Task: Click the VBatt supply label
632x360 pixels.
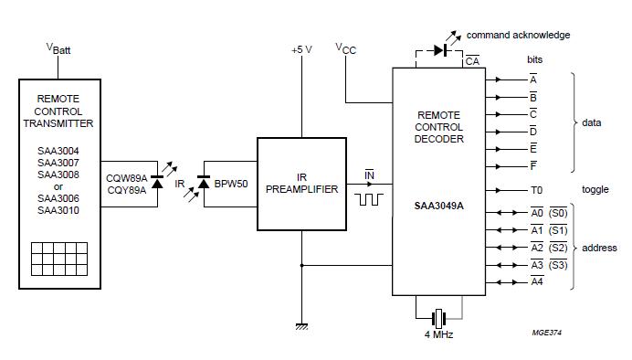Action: point(58,48)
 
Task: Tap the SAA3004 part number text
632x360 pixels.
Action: point(58,151)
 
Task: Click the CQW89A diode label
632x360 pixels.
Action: point(127,179)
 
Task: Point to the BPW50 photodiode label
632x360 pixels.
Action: point(229,184)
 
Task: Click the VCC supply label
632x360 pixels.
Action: point(345,48)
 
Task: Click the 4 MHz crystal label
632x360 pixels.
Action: point(439,334)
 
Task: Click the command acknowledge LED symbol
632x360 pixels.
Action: point(440,49)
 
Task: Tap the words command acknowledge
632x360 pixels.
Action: point(518,35)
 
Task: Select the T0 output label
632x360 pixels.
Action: point(536,191)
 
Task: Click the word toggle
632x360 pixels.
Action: point(595,191)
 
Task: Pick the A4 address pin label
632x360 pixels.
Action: point(537,281)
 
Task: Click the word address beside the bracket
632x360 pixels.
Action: point(599,248)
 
